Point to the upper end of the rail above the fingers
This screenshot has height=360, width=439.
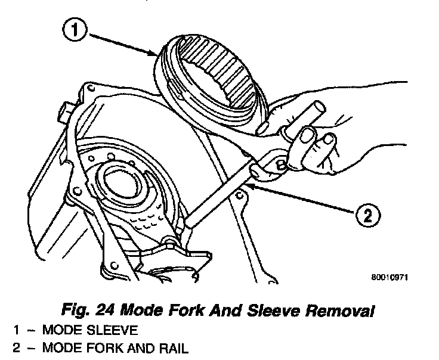(320, 107)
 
